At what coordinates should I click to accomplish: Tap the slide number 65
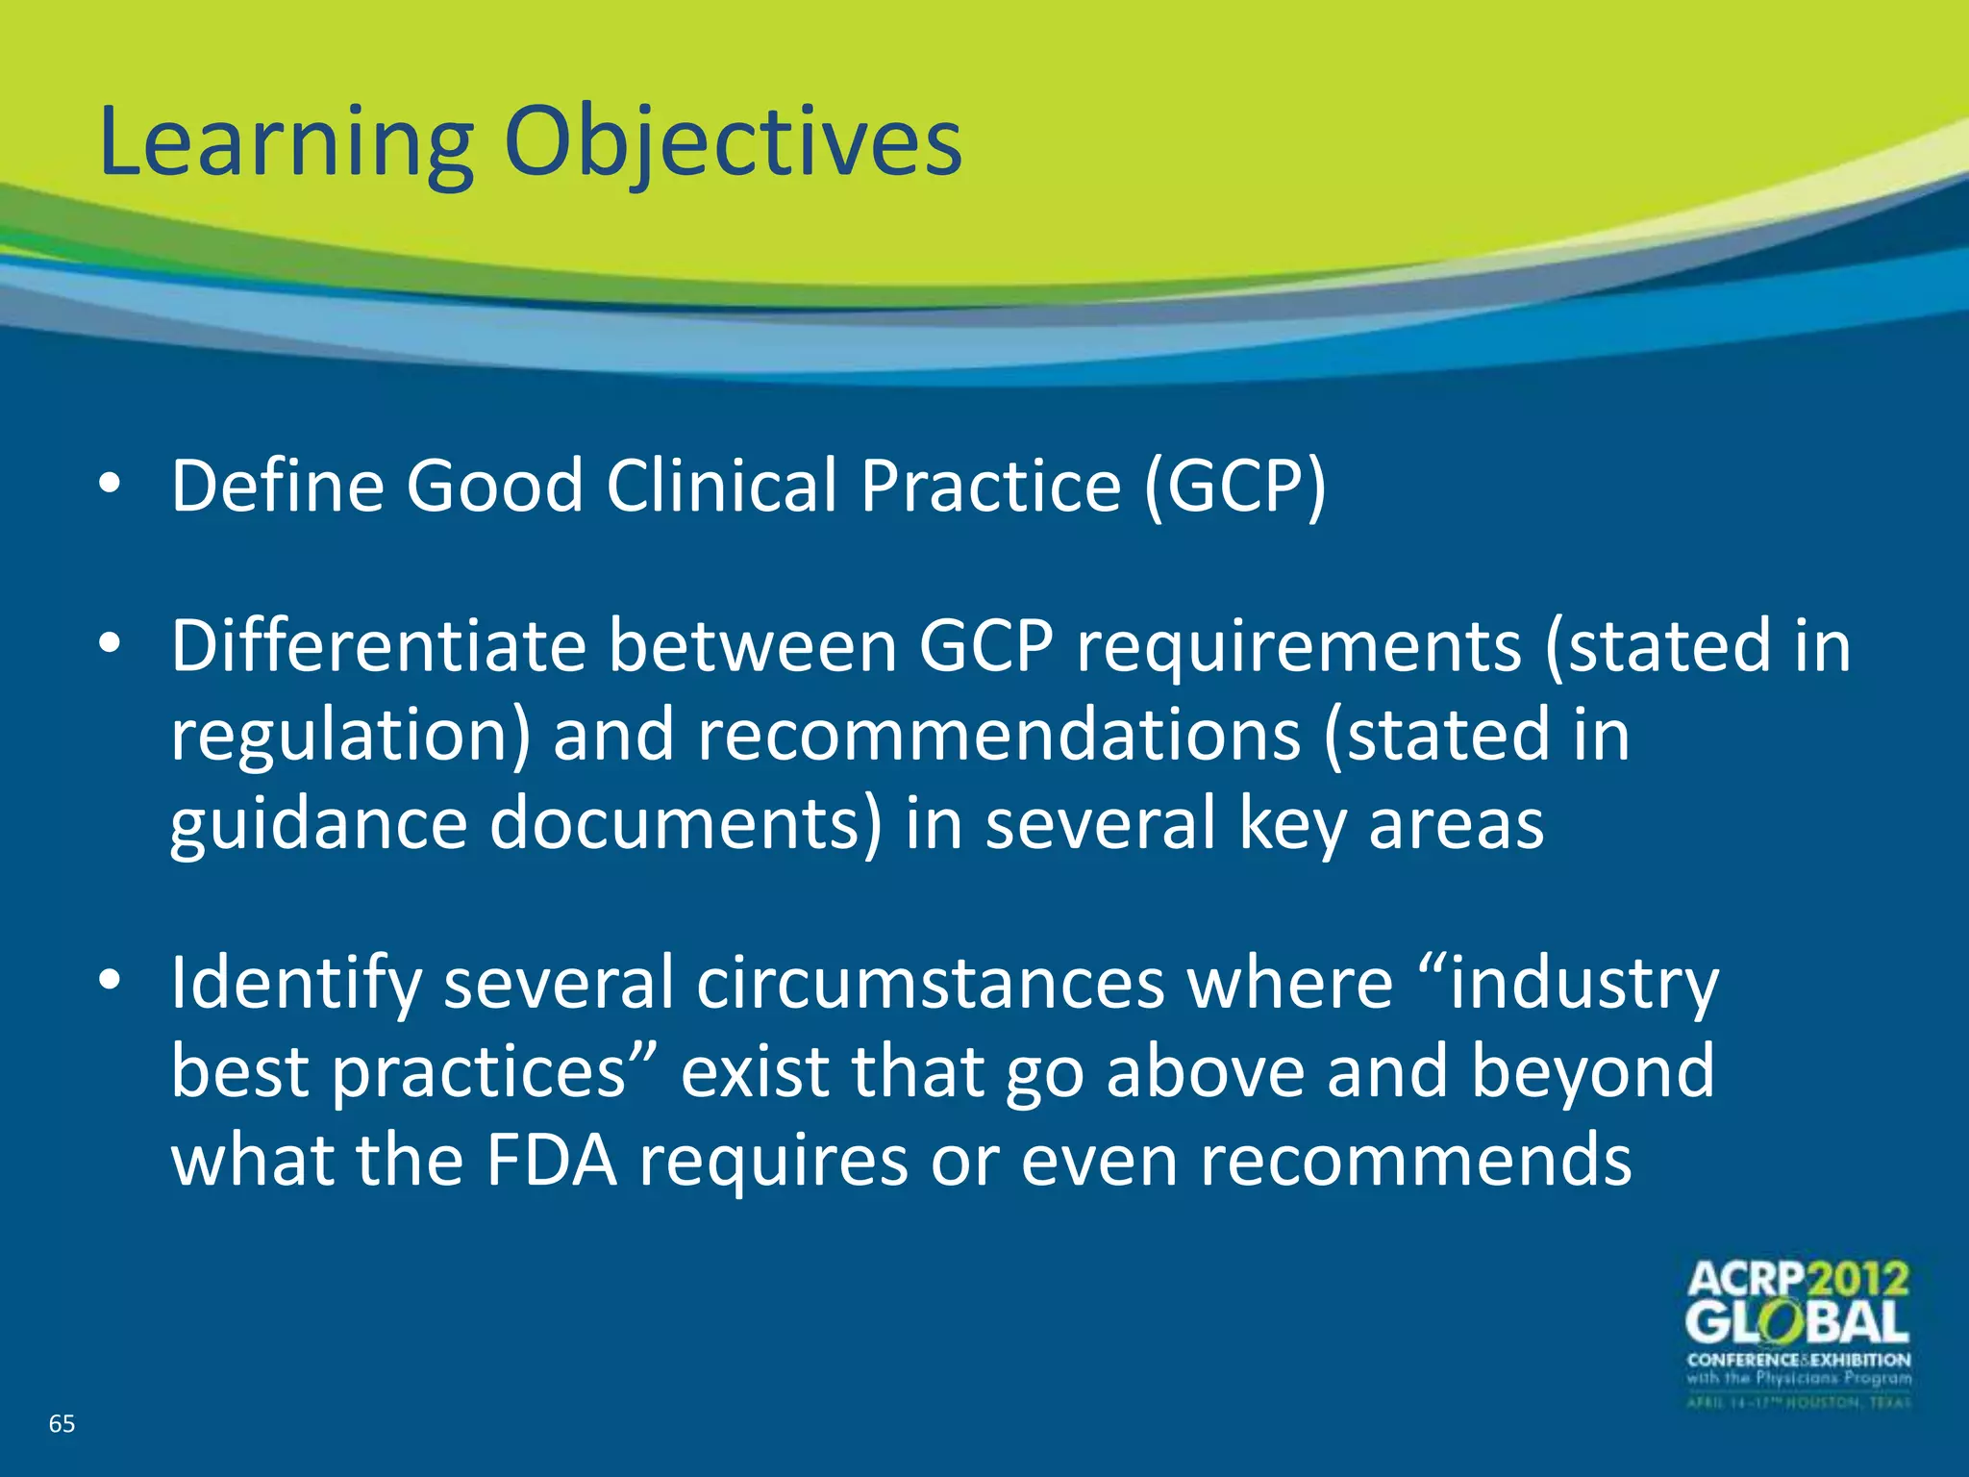click(x=62, y=1424)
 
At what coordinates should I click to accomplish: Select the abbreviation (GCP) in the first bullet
click(x=1234, y=486)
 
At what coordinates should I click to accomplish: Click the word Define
click(x=277, y=486)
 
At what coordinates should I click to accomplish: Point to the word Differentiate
click(x=378, y=646)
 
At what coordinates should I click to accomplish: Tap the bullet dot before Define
click(x=110, y=485)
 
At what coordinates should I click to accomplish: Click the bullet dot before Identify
click(x=110, y=981)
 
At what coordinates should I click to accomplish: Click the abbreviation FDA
click(x=551, y=1161)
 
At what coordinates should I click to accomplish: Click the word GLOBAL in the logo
click(x=1797, y=1324)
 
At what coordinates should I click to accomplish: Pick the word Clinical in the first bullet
click(x=721, y=486)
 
